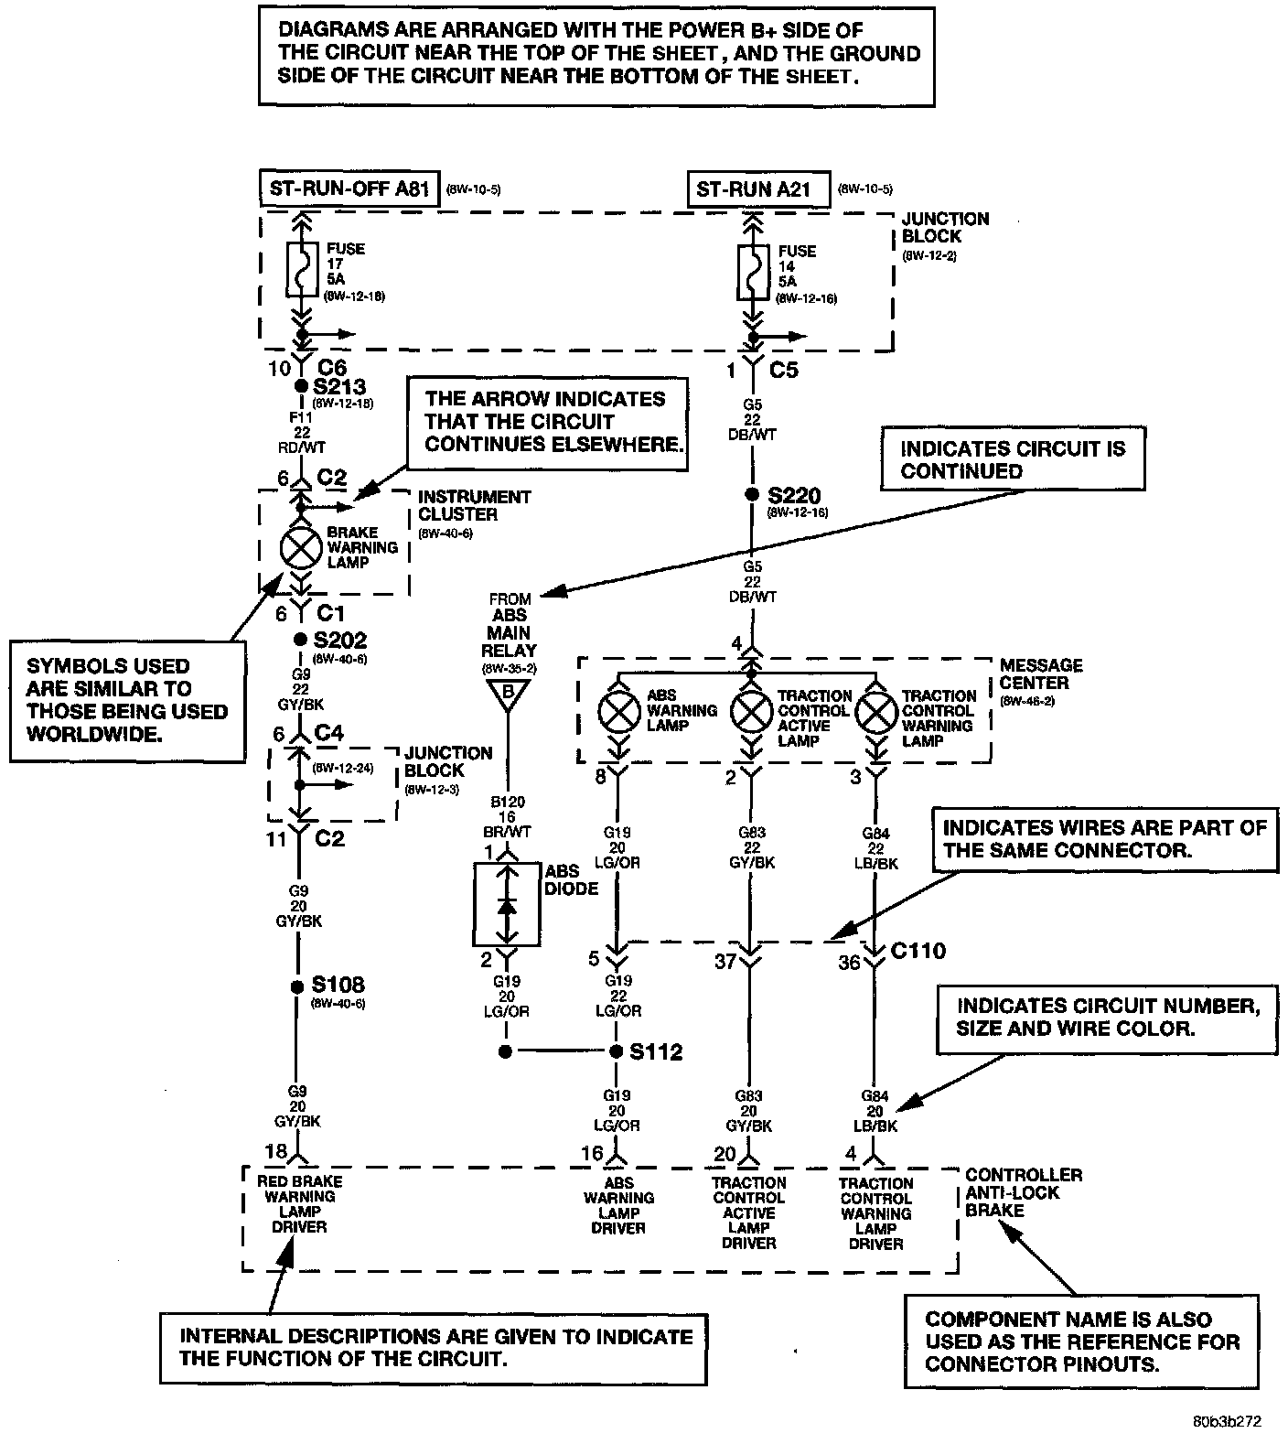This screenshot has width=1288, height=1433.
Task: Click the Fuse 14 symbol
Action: [x=752, y=272]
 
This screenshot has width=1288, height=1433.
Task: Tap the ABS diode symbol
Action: [x=506, y=904]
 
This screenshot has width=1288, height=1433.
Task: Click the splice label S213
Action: [x=338, y=387]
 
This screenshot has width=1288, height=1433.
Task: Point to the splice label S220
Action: [x=794, y=496]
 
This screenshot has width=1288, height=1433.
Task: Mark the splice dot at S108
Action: [x=296, y=986]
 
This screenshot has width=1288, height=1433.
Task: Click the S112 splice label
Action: [x=656, y=1052]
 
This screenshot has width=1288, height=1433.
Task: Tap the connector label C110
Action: [x=918, y=951]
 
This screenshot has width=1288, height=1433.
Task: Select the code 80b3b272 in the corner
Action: [x=1227, y=1421]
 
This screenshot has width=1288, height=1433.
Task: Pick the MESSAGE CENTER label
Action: [x=1040, y=673]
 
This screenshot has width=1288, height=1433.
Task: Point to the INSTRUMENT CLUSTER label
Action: [x=474, y=505]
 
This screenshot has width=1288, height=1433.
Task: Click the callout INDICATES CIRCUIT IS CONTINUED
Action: [x=1012, y=459]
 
